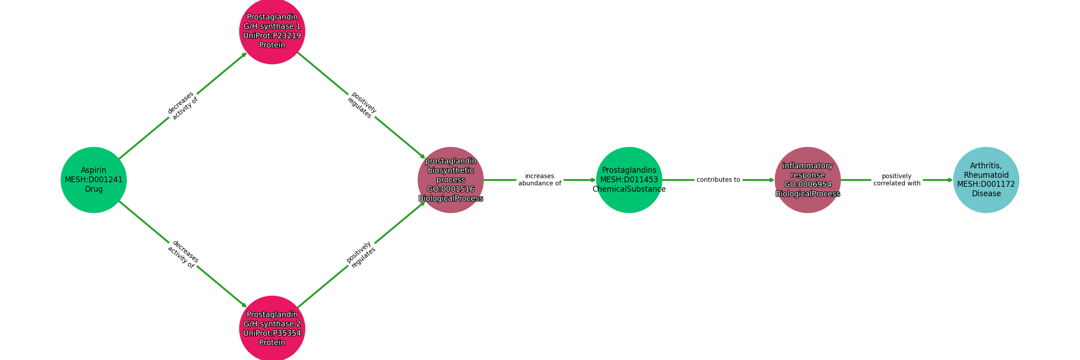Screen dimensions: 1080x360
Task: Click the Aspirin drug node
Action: (94, 180)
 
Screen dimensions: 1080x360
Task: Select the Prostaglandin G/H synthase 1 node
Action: (272, 31)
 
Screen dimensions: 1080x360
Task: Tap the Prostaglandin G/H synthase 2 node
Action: (272, 328)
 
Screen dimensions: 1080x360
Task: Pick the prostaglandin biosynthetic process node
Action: (451, 180)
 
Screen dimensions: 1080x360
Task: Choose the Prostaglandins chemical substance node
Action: (629, 180)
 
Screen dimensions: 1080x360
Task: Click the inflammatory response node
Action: (808, 180)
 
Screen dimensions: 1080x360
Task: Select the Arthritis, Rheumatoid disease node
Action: (986, 180)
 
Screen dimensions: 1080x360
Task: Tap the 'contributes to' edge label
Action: (718, 180)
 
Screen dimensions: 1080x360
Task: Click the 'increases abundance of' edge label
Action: (540, 180)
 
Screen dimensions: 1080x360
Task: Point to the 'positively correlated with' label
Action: (897, 180)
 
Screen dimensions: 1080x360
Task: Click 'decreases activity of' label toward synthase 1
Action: (183, 106)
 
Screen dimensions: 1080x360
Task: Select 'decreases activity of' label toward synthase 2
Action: (183, 254)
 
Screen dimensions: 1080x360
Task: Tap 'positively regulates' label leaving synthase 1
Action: (362, 105)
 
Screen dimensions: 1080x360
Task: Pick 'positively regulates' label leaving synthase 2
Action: (361, 255)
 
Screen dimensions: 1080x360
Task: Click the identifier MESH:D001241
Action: (94, 180)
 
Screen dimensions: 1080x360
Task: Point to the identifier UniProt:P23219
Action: (272, 36)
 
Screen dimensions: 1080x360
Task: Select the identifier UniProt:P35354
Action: (272, 333)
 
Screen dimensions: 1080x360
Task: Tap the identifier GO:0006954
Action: (808, 184)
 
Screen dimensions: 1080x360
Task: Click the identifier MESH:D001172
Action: (986, 184)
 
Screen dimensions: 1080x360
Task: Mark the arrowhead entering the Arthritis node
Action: (951, 180)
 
